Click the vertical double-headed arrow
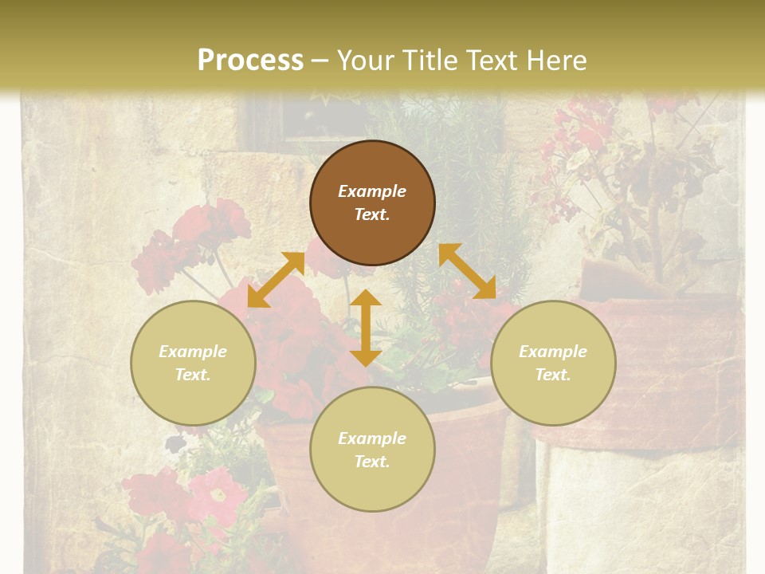pyautogui.click(x=366, y=328)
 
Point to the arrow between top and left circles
pyautogui.click(x=276, y=280)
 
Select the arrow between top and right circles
pyautogui.click(x=467, y=271)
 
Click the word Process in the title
pyautogui.click(x=250, y=60)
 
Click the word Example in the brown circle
pyautogui.click(x=372, y=191)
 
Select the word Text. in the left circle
pyautogui.click(x=193, y=375)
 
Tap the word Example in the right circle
pyautogui.click(x=553, y=352)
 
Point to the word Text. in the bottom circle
pyautogui.click(x=372, y=462)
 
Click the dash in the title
pyautogui.click(x=320, y=61)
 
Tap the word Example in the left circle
pyautogui.click(x=193, y=352)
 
